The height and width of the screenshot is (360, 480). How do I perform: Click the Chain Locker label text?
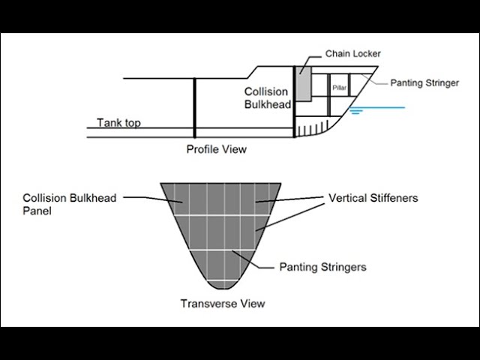tap(353, 54)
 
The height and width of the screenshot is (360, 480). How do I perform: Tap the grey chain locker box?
tap(303, 84)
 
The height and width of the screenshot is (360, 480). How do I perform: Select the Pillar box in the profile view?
tap(340, 87)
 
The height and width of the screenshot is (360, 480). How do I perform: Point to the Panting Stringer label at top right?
tap(424, 83)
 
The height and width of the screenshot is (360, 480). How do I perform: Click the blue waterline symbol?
tap(358, 109)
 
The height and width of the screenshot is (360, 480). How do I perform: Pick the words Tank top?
tap(118, 123)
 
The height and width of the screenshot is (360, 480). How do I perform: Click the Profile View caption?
tap(216, 149)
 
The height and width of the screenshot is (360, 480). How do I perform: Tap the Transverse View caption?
tap(222, 304)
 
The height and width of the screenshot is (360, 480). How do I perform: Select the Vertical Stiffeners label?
tap(373, 199)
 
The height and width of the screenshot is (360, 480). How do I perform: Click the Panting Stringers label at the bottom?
tap(322, 266)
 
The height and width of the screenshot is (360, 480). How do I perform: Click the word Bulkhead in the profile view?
tap(267, 105)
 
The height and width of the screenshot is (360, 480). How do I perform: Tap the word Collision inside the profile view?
tap(265, 92)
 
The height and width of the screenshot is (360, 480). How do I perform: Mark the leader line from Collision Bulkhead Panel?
tap(142, 198)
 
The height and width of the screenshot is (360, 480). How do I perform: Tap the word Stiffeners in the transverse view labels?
tap(392, 199)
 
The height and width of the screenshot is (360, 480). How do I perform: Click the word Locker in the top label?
tap(367, 54)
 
